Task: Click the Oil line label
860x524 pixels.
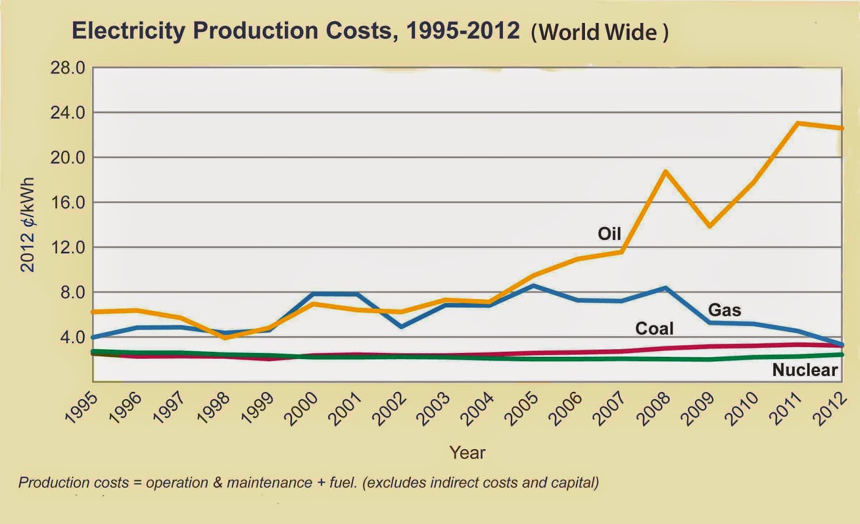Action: (x=609, y=234)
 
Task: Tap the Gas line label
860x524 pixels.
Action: (x=724, y=310)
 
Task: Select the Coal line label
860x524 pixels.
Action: (x=654, y=328)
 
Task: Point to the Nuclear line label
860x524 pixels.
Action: (x=805, y=370)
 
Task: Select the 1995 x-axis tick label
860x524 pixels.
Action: (x=81, y=409)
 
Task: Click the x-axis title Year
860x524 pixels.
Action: (x=467, y=453)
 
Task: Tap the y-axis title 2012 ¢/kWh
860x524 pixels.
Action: (x=27, y=224)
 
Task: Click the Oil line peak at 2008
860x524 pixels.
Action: (x=665, y=171)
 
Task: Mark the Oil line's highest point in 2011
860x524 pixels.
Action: (x=798, y=123)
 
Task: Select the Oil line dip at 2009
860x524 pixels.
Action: (x=710, y=226)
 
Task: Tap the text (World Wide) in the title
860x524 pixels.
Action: (x=599, y=33)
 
